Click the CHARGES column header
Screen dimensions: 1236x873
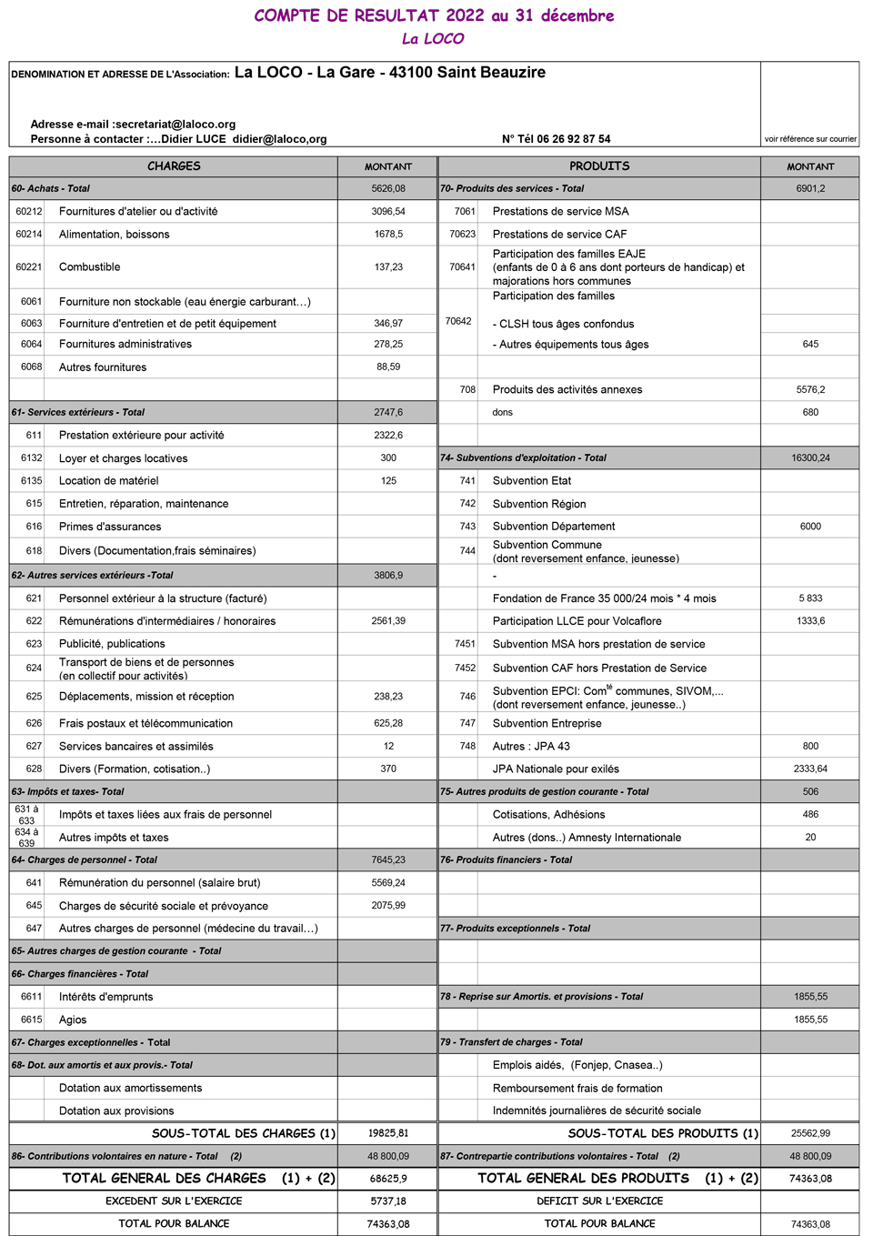click(174, 166)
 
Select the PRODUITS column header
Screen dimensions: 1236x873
click(599, 166)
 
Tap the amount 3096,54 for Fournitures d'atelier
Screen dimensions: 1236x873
click(388, 211)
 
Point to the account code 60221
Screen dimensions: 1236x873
click(29, 266)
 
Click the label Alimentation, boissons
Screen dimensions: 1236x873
click(115, 235)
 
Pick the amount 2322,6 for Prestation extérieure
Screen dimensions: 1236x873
click(388, 435)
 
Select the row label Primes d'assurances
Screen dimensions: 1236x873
click(110, 527)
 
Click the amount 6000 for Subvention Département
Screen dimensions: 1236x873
click(810, 527)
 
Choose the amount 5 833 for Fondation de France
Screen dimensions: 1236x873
click(810, 598)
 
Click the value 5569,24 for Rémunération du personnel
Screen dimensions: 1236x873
click(388, 882)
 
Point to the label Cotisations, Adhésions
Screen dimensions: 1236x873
click(548, 815)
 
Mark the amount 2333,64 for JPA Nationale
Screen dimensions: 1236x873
click(810, 769)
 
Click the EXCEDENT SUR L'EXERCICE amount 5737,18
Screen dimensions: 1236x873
click(388, 1201)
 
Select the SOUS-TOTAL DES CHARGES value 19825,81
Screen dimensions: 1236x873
click(388, 1133)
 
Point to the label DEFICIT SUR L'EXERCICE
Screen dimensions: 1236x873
click(599, 1201)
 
